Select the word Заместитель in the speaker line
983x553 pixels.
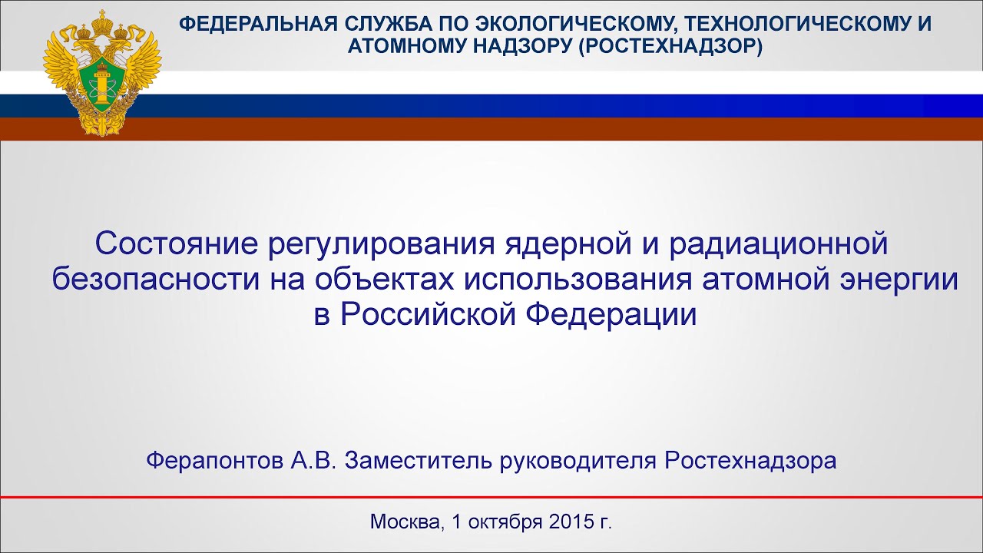pos(418,461)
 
